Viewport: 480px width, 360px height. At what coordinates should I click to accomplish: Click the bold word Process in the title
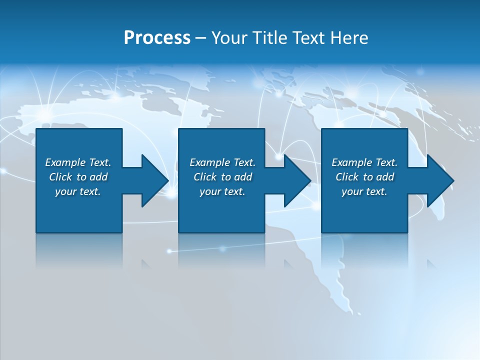[x=157, y=38]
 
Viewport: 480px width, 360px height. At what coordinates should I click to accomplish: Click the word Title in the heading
[x=268, y=38]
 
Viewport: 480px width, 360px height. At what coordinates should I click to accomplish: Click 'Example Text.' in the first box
[x=78, y=162]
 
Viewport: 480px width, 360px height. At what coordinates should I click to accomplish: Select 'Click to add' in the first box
[x=78, y=177]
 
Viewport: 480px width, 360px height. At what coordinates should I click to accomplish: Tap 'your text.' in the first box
[x=78, y=191]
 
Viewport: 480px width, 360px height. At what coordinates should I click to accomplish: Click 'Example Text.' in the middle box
[x=222, y=162]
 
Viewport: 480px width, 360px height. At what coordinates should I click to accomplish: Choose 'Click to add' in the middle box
[x=222, y=177]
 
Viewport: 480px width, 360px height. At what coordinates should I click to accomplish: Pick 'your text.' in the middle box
[x=222, y=191]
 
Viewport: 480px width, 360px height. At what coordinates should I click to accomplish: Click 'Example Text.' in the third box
[x=364, y=162]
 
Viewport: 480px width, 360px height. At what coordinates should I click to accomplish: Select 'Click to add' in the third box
[x=364, y=177]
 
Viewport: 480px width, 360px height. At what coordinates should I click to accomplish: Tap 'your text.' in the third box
[x=364, y=191]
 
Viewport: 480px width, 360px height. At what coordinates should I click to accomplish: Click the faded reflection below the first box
[x=79, y=250]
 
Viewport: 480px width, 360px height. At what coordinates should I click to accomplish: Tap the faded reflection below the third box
[x=364, y=250]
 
